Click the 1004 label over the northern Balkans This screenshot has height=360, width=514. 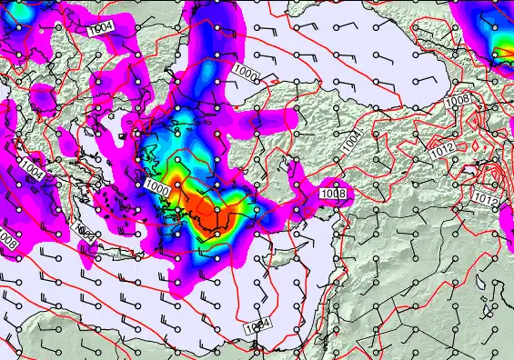pos(101,28)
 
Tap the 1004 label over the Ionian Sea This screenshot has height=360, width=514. pos(33,171)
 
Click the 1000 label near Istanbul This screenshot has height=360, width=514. pos(245,70)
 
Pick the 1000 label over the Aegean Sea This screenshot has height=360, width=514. pos(156,186)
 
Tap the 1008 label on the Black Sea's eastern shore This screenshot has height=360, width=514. pos(459,98)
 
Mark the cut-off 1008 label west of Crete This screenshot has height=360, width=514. pos(6,238)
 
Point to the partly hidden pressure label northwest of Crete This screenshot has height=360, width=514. pos(85,231)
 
